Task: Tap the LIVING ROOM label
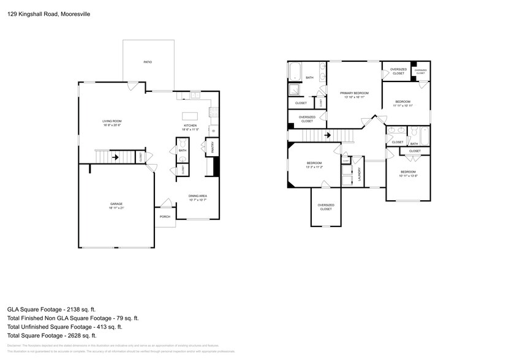pyautogui.click(x=111, y=121)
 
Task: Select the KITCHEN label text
pyautogui.click(x=190, y=126)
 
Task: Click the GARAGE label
pyautogui.click(x=116, y=204)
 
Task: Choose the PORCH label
pyautogui.click(x=165, y=217)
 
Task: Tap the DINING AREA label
pyautogui.click(x=198, y=195)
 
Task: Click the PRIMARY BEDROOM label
pyautogui.click(x=355, y=92)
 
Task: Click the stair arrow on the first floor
pyautogui.click(x=114, y=157)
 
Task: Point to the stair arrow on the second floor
pyautogui.click(x=328, y=135)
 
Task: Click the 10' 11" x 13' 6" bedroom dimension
pyautogui.click(x=408, y=176)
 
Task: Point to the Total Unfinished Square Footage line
pyautogui.click(x=73, y=326)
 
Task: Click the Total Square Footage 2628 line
pyautogui.click(x=52, y=336)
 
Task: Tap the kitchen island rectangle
pyautogui.click(x=190, y=116)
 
